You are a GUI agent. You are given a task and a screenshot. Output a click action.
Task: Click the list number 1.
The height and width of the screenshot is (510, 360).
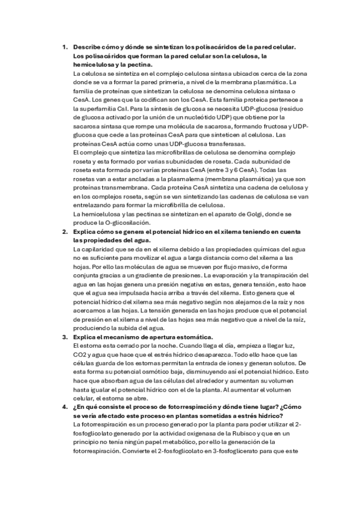[x=64, y=47]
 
